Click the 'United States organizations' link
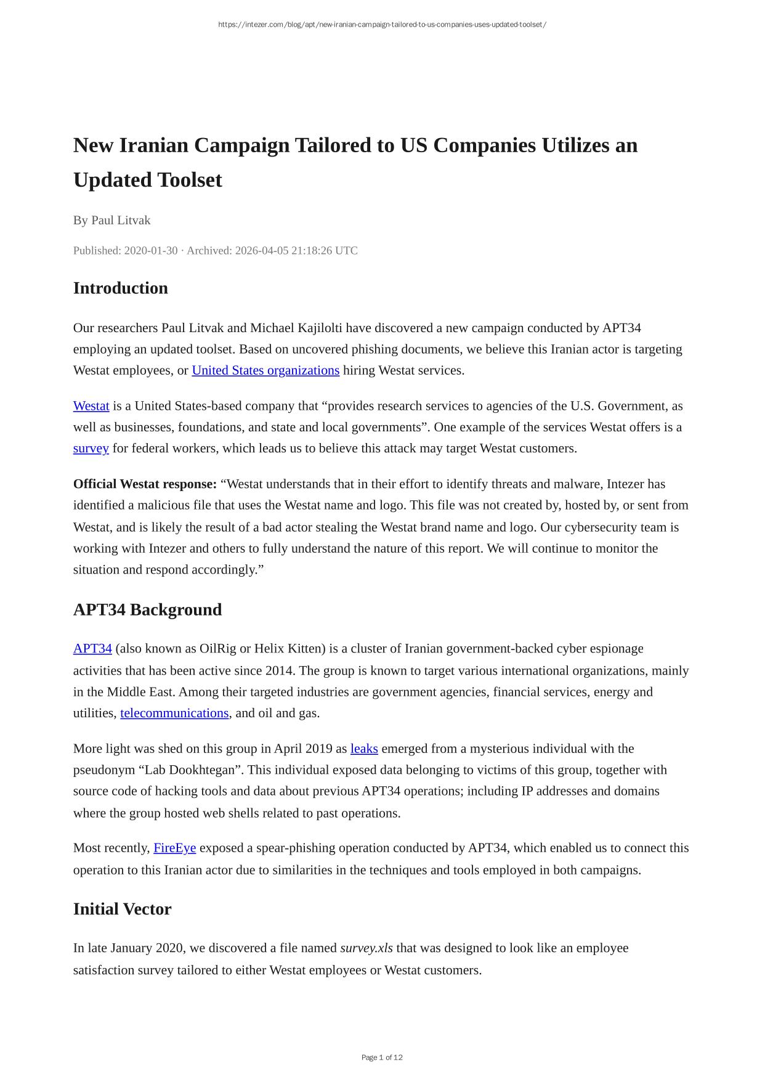pyautogui.click(x=265, y=370)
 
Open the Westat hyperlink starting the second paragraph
pyautogui.click(x=91, y=406)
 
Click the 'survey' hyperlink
pyautogui.click(x=91, y=449)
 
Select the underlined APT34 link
pyautogui.click(x=92, y=649)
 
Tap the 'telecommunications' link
pyautogui.click(x=174, y=714)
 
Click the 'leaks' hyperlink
pyautogui.click(x=364, y=749)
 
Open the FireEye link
pyautogui.click(x=174, y=848)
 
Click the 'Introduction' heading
pyautogui.click(x=121, y=288)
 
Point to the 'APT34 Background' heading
pyautogui.click(x=147, y=610)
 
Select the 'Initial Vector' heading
pyautogui.click(x=122, y=909)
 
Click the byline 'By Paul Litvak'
pyautogui.click(x=111, y=221)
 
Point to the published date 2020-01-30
pyautogui.click(x=150, y=251)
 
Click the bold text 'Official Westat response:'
pyautogui.click(x=145, y=484)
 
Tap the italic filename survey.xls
pyautogui.click(x=366, y=948)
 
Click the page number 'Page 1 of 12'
pyautogui.click(x=382, y=1057)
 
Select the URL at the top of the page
pyautogui.click(x=382, y=25)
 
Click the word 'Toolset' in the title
pyautogui.click(x=190, y=180)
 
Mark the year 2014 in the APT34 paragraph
pyautogui.click(x=280, y=670)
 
